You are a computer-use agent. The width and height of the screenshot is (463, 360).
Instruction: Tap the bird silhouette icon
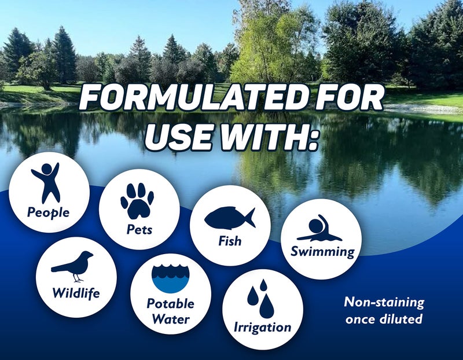click(x=74, y=264)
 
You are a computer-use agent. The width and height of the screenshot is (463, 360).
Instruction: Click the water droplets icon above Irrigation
click(x=262, y=297)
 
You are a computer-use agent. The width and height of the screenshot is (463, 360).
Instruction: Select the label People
click(x=48, y=212)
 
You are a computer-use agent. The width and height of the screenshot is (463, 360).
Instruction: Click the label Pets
click(x=139, y=229)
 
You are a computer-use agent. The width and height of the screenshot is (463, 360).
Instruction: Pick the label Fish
click(x=230, y=241)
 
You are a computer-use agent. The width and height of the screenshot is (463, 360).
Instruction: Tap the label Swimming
click(x=322, y=252)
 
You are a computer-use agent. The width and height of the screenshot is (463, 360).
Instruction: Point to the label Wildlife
click(x=76, y=293)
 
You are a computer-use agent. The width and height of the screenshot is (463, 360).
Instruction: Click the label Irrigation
click(x=262, y=327)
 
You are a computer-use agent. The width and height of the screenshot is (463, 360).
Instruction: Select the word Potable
click(x=170, y=304)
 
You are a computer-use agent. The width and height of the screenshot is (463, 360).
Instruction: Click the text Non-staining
click(x=384, y=302)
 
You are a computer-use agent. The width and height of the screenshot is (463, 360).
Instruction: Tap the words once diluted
click(x=385, y=319)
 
